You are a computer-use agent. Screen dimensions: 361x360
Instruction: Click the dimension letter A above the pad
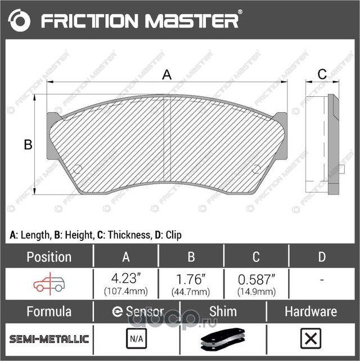[166, 74]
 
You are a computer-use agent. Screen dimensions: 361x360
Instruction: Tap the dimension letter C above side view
[322, 74]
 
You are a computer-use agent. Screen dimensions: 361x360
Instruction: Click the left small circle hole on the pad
[78, 169]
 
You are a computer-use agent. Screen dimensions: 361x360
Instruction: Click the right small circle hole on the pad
[256, 169]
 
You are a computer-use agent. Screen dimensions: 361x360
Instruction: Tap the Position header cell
[49, 257]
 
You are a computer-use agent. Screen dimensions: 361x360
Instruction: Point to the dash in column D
[321, 280]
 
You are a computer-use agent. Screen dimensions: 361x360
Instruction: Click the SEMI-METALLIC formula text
[49, 339]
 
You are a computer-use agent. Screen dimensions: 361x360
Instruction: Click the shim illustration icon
[223, 340]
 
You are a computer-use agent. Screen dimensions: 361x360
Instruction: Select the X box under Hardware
[310, 339]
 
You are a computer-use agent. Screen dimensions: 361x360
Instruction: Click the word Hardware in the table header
[310, 311]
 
